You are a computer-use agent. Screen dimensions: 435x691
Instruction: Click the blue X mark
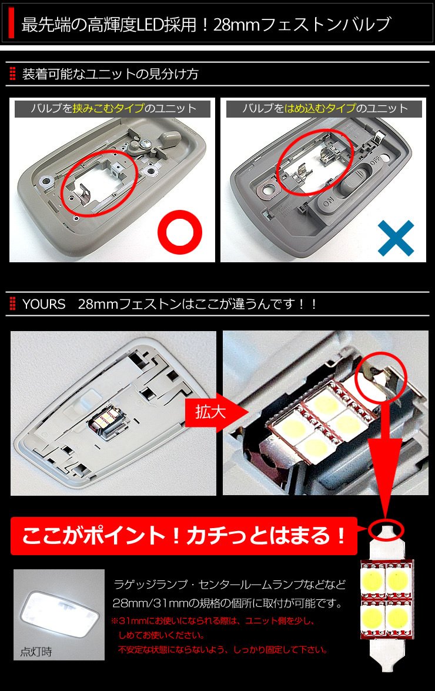point(396,238)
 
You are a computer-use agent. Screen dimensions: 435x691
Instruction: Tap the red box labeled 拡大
point(210,412)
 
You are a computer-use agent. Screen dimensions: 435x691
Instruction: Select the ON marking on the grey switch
point(329,203)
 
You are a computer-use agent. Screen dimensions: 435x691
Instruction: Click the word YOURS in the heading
point(43,304)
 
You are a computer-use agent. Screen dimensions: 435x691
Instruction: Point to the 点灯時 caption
point(36,652)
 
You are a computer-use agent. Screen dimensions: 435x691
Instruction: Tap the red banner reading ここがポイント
point(184,536)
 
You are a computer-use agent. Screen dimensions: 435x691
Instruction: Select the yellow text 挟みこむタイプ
point(108,108)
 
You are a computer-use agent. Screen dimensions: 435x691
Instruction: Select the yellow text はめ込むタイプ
point(320,108)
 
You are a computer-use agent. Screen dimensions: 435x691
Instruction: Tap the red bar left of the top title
point(11,25)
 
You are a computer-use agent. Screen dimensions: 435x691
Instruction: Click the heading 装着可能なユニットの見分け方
point(110,74)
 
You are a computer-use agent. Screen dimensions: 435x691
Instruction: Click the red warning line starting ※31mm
point(213,621)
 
